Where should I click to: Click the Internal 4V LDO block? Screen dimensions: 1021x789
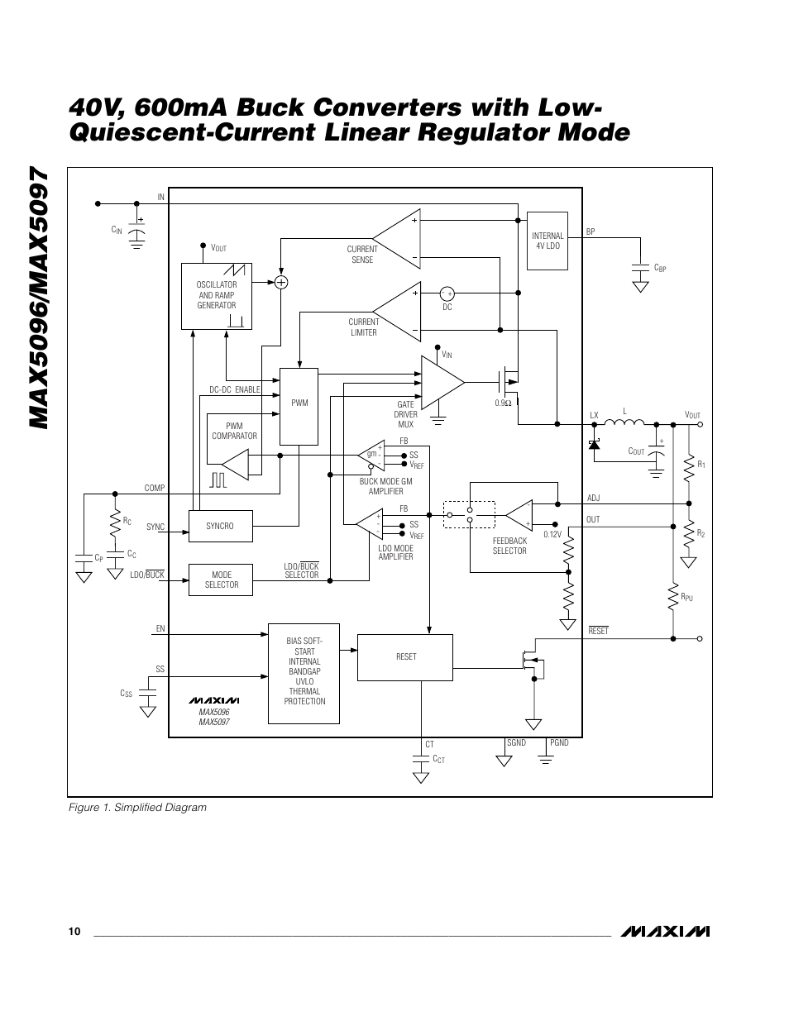[548, 241]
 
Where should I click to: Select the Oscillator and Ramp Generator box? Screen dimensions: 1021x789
[217, 296]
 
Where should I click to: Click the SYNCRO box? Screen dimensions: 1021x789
[220, 526]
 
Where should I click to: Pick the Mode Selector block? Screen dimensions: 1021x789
[220, 580]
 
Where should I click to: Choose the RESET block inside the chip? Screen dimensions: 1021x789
[405, 657]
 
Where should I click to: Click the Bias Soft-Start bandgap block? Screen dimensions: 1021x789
[304, 673]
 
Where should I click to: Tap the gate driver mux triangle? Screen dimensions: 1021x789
[440, 382]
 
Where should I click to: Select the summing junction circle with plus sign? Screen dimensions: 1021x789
[281, 282]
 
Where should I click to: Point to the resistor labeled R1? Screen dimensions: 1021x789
[688, 470]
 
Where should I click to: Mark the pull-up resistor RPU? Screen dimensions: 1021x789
[673, 594]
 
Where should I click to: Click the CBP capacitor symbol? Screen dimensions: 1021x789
[639, 269]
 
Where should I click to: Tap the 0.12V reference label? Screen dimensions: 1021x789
[552, 534]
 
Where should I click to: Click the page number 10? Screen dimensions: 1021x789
[74, 932]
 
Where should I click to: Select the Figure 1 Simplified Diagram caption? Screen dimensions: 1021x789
[137, 807]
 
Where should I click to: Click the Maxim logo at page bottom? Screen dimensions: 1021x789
[667, 932]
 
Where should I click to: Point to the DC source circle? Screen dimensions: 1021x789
[447, 293]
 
